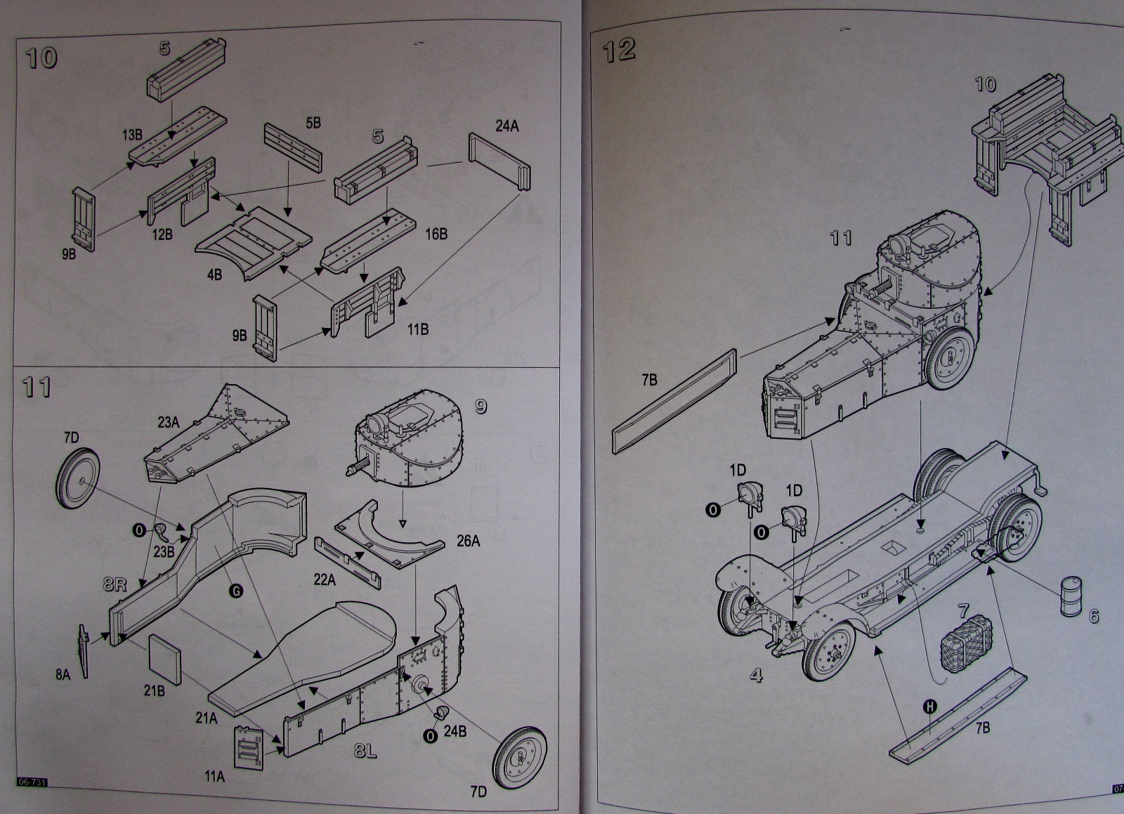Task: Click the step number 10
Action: click(x=41, y=58)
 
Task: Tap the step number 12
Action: click(x=619, y=50)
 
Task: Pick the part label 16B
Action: click(x=436, y=234)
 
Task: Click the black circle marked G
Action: click(x=236, y=591)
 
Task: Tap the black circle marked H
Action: click(x=929, y=707)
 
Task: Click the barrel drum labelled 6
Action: click(x=1071, y=596)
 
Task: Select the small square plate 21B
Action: click(x=165, y=655)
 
